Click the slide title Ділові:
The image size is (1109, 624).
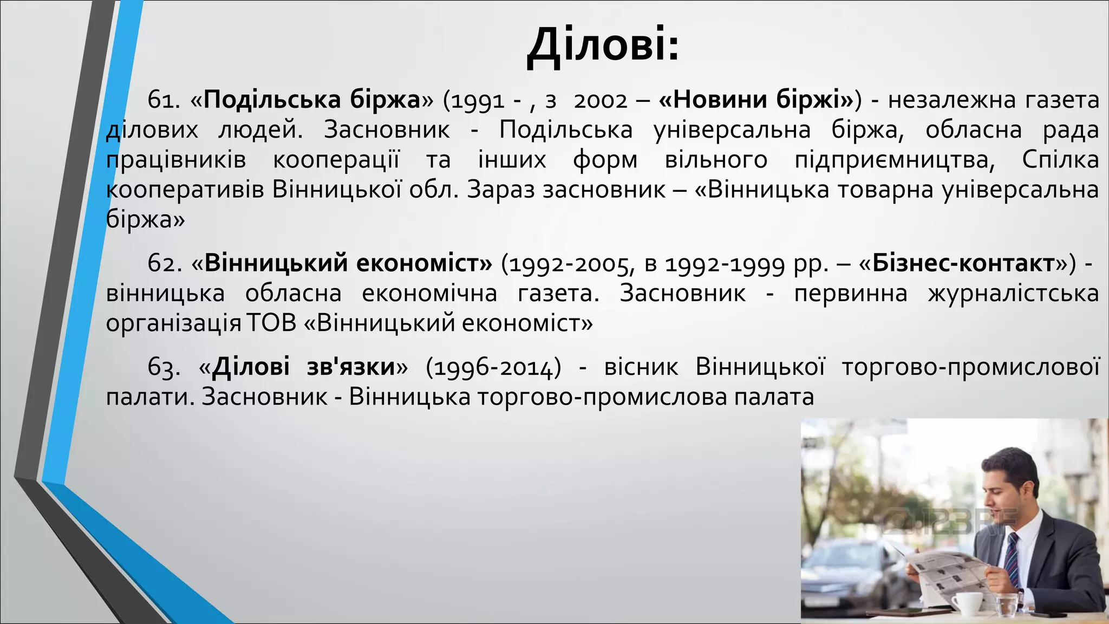coord(603,45)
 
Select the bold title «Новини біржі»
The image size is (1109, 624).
coord(756,100)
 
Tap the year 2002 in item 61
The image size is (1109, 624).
coord(600,101)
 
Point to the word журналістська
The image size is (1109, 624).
coord(1013,294)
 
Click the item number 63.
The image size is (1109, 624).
coord(164,368)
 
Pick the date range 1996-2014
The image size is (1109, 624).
coord(493,368)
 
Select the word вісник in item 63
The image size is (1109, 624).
coord(641,368)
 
